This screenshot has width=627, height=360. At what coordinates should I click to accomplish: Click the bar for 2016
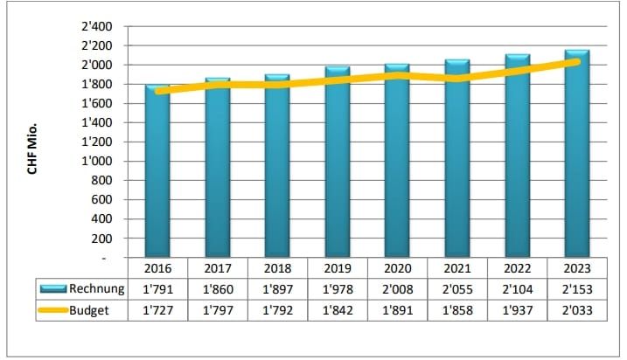(x=157, y=175)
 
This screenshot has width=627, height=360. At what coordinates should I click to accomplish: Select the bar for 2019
(x=337, y=166)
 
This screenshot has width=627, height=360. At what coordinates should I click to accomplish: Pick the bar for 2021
(x=456, y=162)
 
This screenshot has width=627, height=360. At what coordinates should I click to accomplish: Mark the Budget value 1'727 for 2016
(x=157, y=308)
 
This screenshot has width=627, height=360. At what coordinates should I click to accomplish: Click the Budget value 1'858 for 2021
(x=456, y=308)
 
